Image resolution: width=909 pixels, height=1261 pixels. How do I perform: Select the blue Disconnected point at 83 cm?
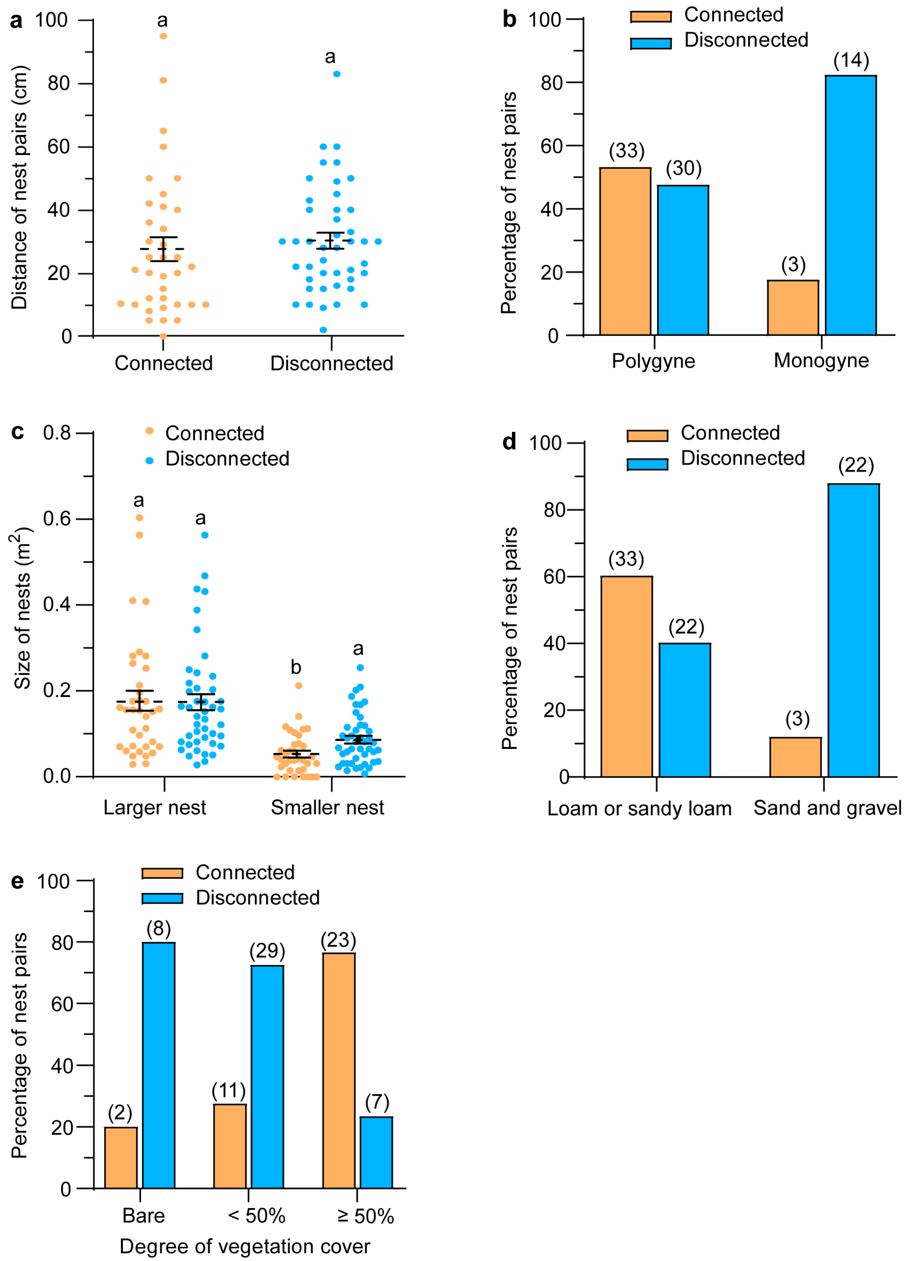(x=337, y=74)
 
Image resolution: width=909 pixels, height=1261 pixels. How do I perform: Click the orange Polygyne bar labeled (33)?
(x=625, y=251)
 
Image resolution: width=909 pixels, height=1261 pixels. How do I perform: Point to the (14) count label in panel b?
(x=851, y=60)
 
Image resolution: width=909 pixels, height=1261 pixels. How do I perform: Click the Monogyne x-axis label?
(x=821, y=361)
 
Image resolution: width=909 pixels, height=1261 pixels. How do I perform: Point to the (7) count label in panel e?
(x=377, y=1102)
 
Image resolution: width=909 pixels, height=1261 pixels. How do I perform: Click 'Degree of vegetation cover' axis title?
(x=245, y=1246)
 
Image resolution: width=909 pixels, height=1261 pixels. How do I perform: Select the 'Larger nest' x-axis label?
(x=155, y=807)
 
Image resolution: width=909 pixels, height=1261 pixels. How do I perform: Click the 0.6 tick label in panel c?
(x=57, y=519)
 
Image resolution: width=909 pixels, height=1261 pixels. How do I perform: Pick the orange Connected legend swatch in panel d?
(x=647, y=435)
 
